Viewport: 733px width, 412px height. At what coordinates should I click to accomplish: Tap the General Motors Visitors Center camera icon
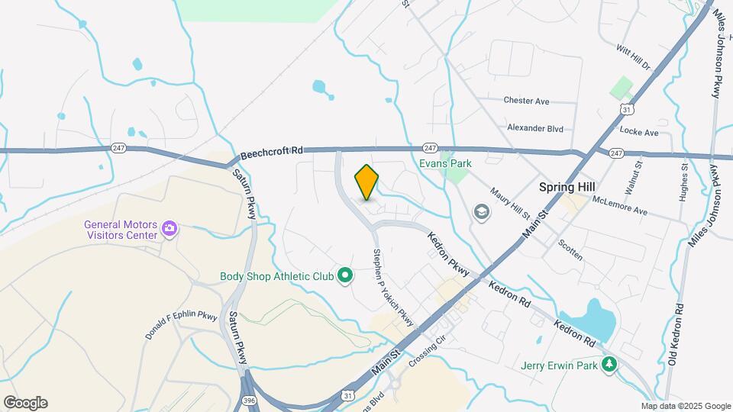[x=170, y=228]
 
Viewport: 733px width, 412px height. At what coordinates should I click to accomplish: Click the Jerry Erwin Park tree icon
[x=609, y=365]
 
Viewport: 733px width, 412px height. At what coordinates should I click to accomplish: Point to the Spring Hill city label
[x=567, y=186]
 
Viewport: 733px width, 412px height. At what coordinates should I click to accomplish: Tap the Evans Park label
[x=445, y=163]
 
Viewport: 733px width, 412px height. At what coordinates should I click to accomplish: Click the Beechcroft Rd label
[x=271, y=153]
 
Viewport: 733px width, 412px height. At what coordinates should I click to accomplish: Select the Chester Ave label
[x=527, y=101]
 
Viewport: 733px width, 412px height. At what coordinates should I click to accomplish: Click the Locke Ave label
[x=639, y=132]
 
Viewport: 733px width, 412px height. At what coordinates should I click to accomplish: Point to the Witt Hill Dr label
[x=633, y=57]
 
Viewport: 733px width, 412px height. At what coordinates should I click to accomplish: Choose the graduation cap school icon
[x=481, y=211]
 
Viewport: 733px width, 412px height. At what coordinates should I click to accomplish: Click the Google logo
[x=25, y=403]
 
